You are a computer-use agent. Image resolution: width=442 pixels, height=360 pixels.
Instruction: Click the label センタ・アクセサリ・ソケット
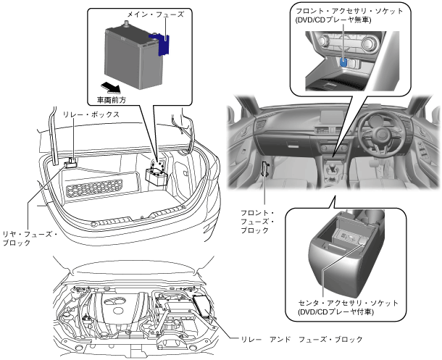coord(351,301)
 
